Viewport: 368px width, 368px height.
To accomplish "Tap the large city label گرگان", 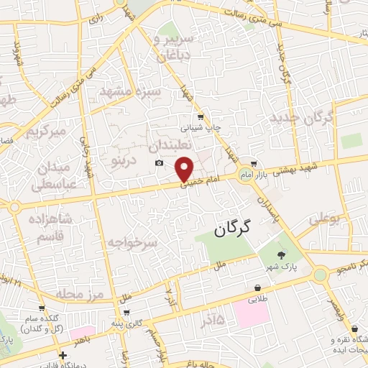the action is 232,229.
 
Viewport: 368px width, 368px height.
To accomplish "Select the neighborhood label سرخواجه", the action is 132,244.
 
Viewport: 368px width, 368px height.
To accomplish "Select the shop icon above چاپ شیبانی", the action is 200,116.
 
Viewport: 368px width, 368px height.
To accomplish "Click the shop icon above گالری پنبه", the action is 126,313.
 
